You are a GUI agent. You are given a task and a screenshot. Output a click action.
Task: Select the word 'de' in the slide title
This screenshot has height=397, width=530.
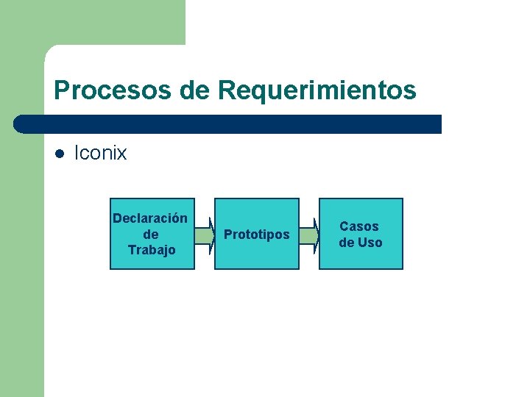coord(194,91)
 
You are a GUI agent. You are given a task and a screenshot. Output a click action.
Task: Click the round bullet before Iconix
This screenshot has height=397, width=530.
coord(60,154)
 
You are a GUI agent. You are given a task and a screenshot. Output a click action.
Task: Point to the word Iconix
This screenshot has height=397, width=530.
coord(101,153)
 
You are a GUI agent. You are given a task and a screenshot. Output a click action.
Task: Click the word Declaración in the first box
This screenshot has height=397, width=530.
coord(150,218)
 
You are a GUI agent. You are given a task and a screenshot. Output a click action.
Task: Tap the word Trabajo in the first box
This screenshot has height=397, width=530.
coord(152,250)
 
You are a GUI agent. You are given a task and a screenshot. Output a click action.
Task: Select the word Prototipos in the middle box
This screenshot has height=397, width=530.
coord(256,235)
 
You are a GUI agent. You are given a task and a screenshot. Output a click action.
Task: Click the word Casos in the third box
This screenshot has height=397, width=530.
coord(359,226)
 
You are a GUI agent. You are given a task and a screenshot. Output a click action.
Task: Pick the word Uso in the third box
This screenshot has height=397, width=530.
coord(370,243)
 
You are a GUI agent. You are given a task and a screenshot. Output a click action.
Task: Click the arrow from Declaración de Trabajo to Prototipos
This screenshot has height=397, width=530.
coord(204,235)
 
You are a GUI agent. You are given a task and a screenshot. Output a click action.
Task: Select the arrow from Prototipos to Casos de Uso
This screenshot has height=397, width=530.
coord(309,235)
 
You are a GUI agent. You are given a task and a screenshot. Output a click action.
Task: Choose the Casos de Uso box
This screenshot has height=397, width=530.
coord(361,257)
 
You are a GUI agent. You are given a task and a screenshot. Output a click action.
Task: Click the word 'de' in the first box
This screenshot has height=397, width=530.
coord(151,235)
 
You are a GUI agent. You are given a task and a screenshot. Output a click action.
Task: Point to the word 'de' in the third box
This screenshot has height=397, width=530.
coord(347,243)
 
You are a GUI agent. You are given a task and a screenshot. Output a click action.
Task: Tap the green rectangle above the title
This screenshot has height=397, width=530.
coord(110,22)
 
